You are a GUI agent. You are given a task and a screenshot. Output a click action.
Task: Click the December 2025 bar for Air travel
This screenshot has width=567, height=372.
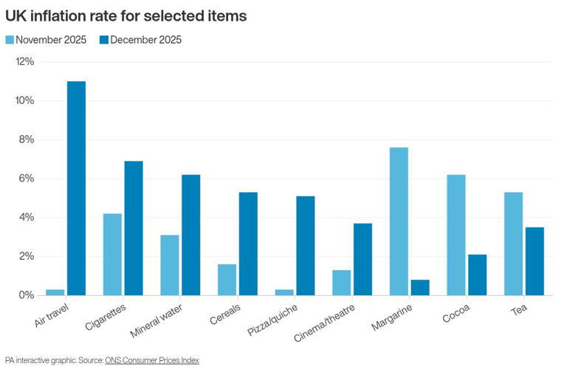(x=76, y=188)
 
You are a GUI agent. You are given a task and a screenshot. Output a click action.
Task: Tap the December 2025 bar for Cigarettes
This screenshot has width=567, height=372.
(x=133, y=228)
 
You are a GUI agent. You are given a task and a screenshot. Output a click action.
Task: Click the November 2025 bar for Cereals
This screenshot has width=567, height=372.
(x=227, y=280)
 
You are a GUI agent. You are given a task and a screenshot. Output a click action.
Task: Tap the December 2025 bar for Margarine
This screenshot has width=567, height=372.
(x=420, y=287)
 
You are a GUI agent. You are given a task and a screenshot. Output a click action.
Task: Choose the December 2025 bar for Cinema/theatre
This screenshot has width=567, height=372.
(x=362, y=259)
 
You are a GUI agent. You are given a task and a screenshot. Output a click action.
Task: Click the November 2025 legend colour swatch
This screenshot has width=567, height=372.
(x=10, y=40)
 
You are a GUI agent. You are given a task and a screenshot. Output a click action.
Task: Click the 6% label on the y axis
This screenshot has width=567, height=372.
(x=26, y=179)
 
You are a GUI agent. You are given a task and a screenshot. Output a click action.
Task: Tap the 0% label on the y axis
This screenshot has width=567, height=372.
(x=26, y=295)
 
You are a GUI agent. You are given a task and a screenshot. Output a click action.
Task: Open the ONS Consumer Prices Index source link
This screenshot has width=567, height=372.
(x=152, y=360)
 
